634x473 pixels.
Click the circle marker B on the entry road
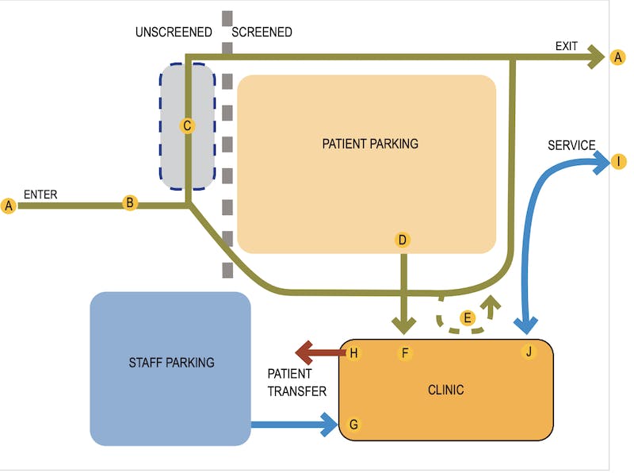130,202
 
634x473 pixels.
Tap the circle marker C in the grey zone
188,125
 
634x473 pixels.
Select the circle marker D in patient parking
403,240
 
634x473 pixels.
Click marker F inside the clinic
405,353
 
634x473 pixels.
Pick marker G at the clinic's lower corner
353,425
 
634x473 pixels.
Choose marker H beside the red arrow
353,353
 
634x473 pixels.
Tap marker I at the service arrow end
618,162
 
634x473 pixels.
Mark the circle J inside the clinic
529,352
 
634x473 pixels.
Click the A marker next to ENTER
10,206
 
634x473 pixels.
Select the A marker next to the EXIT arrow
618,57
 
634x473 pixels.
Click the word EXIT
566,46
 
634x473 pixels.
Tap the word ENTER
40,194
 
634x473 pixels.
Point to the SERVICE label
571,145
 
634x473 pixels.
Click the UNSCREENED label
174,33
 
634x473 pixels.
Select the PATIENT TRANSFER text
296,382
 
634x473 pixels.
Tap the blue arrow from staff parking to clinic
293,425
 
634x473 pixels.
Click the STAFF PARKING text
171,363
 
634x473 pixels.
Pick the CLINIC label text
445,390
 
